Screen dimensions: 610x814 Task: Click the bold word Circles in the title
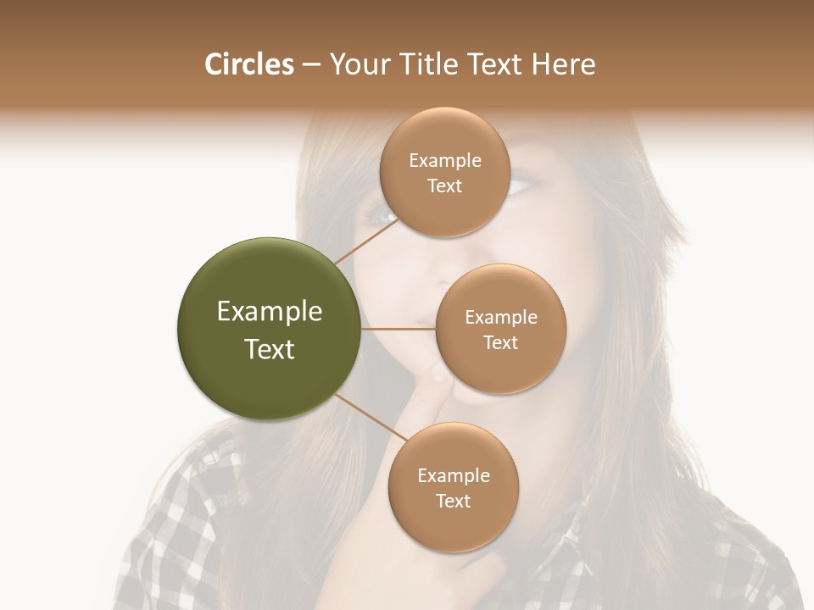click(249, 64)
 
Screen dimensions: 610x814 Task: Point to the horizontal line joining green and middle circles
click(399, 329)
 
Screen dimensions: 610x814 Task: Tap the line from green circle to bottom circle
click(371, 418)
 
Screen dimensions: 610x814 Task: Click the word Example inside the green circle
click(269, 312)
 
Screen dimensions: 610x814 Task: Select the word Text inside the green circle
click(269, 349)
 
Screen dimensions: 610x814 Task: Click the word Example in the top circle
click(444, 161)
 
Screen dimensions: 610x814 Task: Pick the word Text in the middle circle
click(500, 342)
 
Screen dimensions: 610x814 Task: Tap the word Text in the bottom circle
click(453, 501)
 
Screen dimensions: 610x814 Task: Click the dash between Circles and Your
click(311, 65)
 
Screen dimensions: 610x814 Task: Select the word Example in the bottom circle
click(453, 475)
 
